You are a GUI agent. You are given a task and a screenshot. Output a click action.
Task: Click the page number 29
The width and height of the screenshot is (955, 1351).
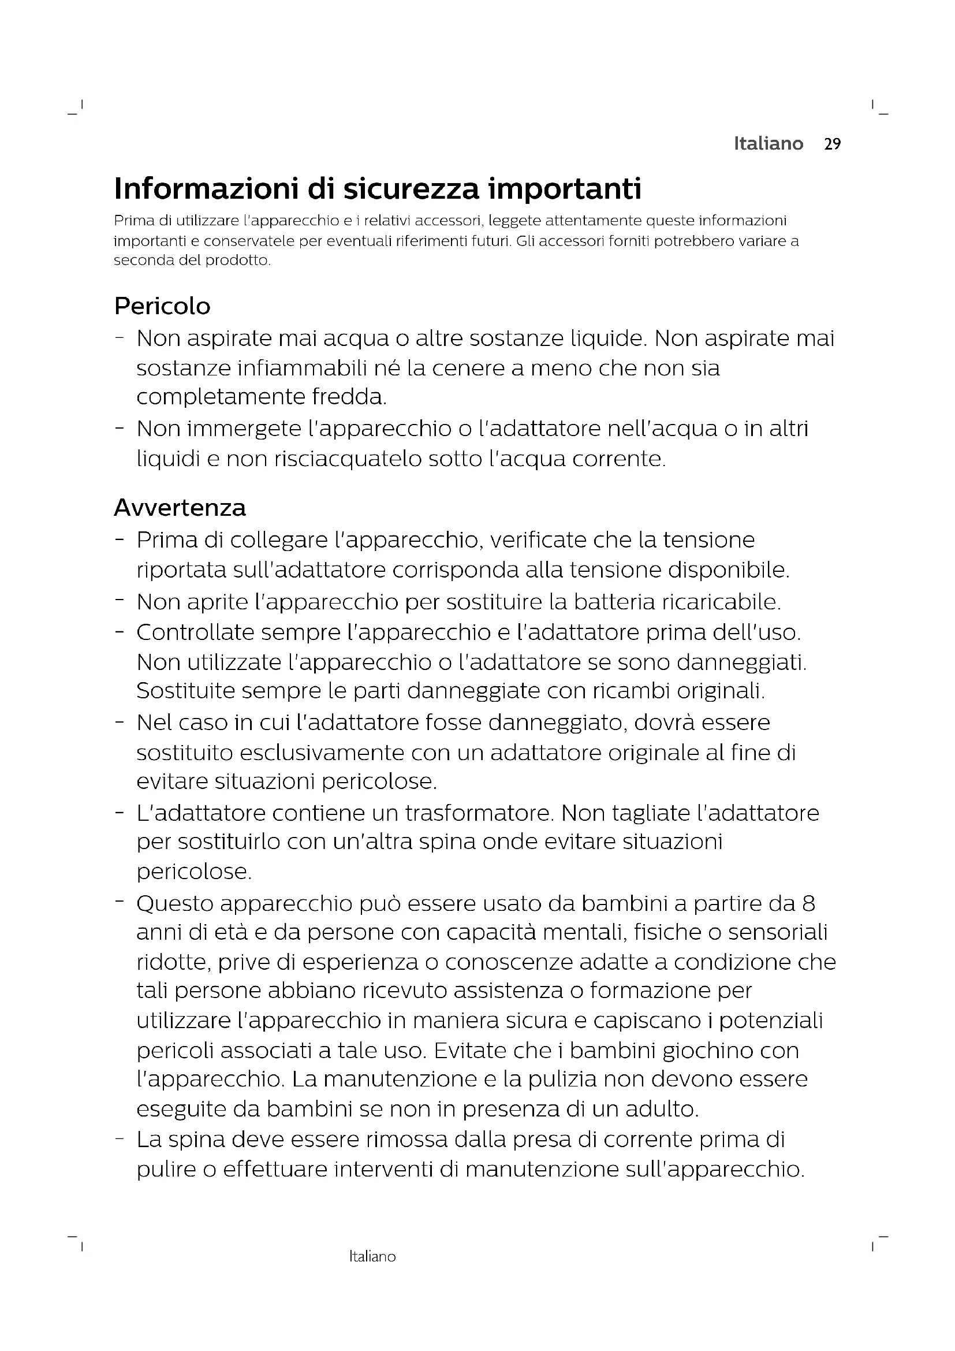pos(832,144)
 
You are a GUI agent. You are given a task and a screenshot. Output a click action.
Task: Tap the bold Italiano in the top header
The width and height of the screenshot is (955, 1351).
pos(768,144)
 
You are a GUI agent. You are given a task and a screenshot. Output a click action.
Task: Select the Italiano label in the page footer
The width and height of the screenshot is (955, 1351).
pos(372,1257)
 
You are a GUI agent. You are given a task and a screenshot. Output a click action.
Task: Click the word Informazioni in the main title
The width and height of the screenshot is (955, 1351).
pos(206,188)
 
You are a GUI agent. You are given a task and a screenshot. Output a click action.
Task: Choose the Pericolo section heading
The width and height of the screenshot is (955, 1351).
pos(162,306)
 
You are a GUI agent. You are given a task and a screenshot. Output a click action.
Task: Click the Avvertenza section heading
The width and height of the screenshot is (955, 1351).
pos(180,507)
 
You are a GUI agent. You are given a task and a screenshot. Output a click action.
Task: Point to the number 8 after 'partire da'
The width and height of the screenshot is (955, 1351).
pos(808,903)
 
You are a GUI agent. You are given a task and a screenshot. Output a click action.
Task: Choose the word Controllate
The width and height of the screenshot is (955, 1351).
pos(195,632)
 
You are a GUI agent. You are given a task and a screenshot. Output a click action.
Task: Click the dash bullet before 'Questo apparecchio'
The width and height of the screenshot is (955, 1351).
pos(120,900)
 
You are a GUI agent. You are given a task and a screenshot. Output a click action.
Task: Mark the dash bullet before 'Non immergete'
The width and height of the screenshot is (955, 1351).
pos(120,427)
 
